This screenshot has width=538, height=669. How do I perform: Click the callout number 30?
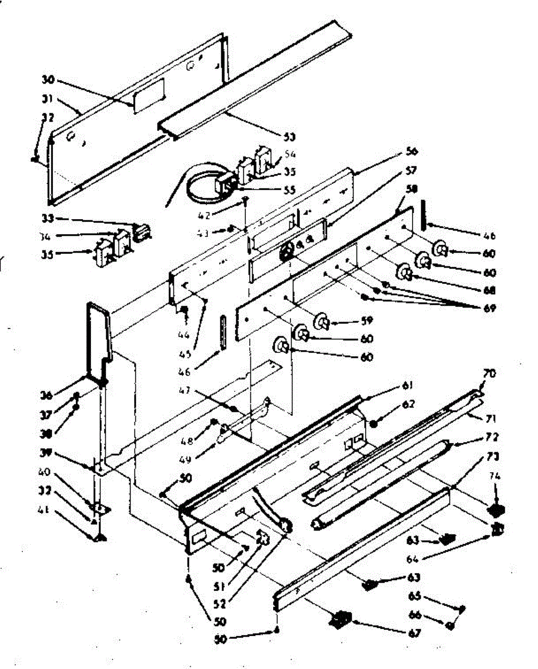pos(47,80)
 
